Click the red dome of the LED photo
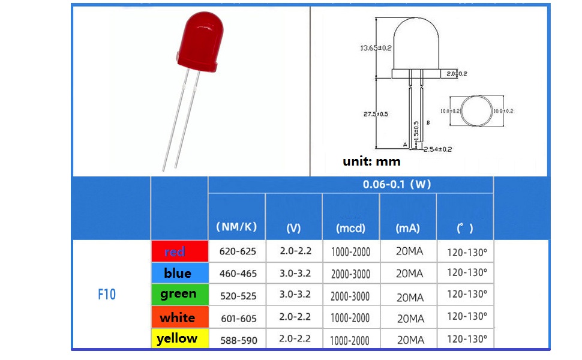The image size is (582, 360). pyautogui.click(x=200, y=41)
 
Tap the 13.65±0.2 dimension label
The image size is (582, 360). pyautogui.click(x=376, y=48)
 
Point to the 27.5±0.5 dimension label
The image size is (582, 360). pyautogui.click(x=376, y=114)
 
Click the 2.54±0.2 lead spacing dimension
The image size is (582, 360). pyautogui.click(x=438, y=149)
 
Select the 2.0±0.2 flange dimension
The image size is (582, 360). pyautogui.click(x=457, y=73)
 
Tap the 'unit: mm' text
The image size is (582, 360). pyautogui.click(x=371, y=161)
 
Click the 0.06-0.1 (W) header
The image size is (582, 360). pyautogui.click(x=397, y=184)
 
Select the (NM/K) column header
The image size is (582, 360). pyautogui.click(x=237, y=227)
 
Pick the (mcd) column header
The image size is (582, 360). pyautogui.click(x=351, y=228)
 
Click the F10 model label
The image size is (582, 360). pyautogui.click(x=107, y=295)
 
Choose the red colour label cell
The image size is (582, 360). pyautogui.click(x=179, y=251)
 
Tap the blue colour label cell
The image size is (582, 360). pyautogui.click(x=179, y=273)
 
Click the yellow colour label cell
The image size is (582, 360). pyautogui.click(x=179, y=338)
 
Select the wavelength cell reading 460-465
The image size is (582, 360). pyautogui.click(x=238, y=274)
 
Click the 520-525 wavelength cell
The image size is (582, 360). pyautogui.click(x=238, y=296)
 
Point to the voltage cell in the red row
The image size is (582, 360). pyautogui.click(x=295, y=251)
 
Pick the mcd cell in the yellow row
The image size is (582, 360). pyautogui.click(x=350, y=340)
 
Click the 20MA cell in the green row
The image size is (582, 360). pyautogui.click(x=410, y=297)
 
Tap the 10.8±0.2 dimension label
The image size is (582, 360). pyautogui.click(x=503, y=111)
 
